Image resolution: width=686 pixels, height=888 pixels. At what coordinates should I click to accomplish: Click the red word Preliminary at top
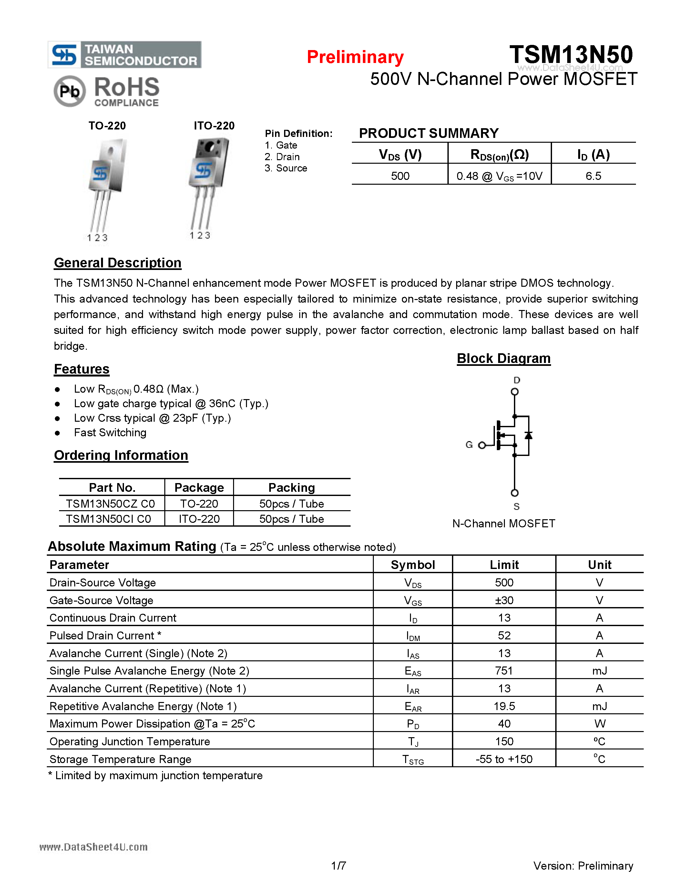click(355, 57)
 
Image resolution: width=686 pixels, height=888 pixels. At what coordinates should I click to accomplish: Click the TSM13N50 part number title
click(571, 55)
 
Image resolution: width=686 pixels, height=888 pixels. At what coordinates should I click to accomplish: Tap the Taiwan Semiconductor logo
click(124, 55)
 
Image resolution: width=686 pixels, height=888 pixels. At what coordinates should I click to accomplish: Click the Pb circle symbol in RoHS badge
click(69, 91)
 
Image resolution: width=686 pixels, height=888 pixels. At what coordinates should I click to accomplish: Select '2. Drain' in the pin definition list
click(282, 157)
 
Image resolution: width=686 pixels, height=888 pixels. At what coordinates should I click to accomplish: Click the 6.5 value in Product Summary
click(593, 176)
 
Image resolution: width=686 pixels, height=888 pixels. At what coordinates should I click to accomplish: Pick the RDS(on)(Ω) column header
click(499, 154)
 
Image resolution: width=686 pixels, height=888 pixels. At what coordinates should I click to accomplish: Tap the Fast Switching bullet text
click(110, 433)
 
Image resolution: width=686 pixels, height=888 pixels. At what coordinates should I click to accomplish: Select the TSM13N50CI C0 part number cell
click(108, 519)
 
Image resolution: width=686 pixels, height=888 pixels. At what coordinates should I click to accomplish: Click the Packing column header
click(292, 488)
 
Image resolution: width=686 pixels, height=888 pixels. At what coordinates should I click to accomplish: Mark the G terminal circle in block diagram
click(482, 445)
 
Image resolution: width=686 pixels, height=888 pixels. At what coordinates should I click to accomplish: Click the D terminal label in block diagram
click(517, 380)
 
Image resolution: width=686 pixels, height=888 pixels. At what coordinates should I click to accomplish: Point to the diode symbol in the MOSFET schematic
click(528, 436)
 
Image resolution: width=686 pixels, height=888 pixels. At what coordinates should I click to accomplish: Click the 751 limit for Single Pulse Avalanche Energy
click(504, 671)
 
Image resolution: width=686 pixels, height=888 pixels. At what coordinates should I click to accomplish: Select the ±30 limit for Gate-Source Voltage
click(504, 600)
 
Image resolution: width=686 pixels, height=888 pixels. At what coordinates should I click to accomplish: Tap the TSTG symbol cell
click(413, 759)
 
